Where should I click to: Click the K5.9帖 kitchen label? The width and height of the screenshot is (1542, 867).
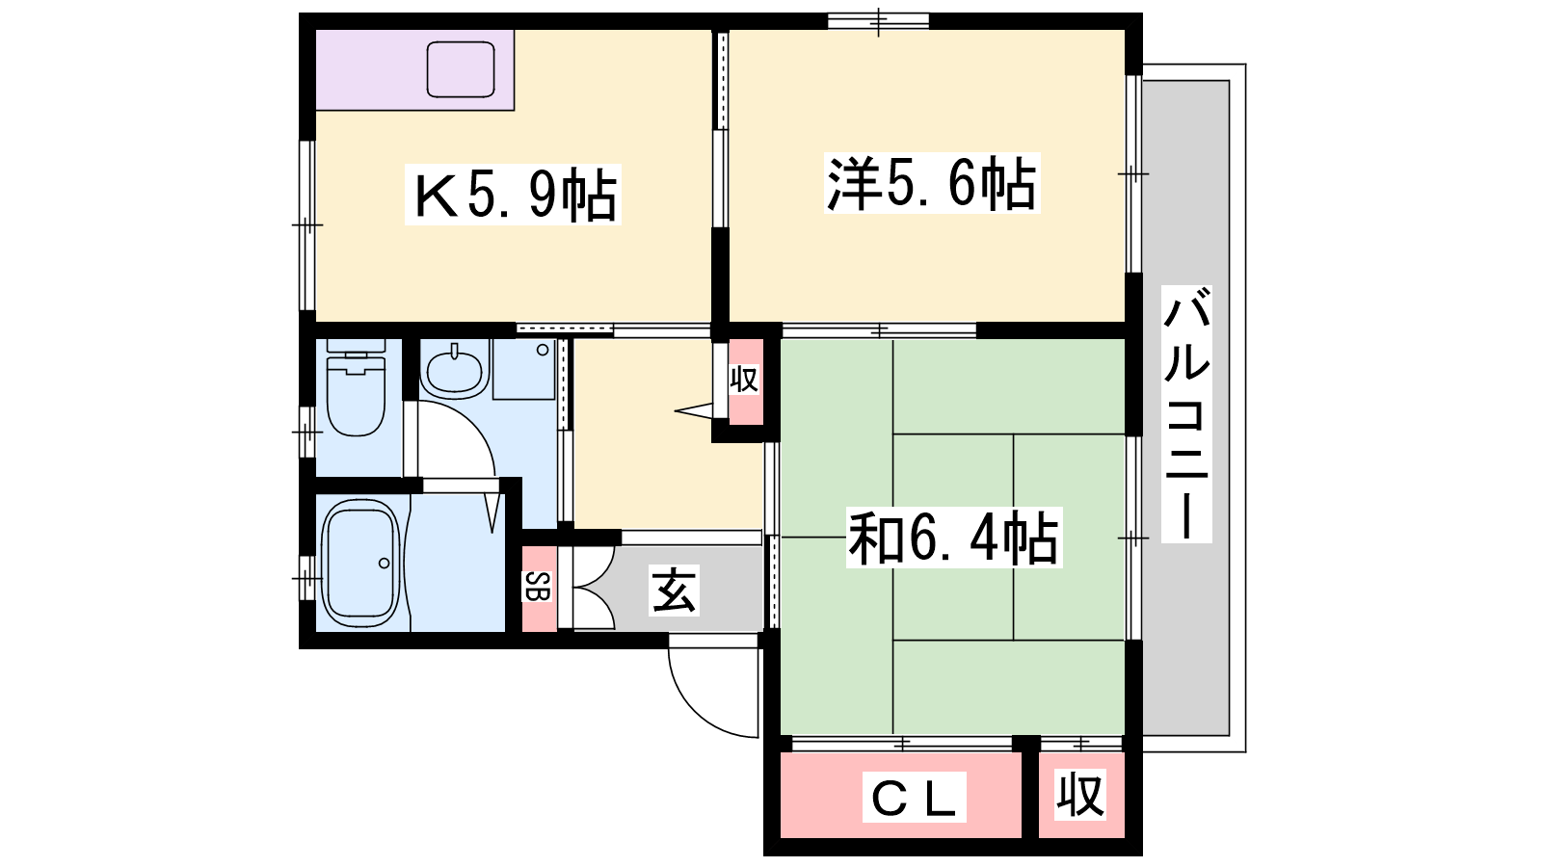pyautogui.click(x=513, y=195)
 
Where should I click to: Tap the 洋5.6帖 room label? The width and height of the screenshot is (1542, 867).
pyautogui.click(x=931, y=183)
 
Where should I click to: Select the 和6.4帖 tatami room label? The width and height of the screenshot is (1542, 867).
pyautogui.click(x=953, y=538)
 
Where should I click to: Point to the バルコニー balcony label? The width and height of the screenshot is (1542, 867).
pyautogui.click(x=1186, y=414)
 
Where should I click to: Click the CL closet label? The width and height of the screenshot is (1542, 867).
pyautogui.click(x=915, y=797)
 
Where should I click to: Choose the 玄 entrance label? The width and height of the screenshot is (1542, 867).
pyautogui.click(x=675, y=590)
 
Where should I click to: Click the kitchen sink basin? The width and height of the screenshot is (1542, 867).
pyautogui.click(x=461, y=69)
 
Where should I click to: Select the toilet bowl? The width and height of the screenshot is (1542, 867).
pyautogui.click(x=356, y=404)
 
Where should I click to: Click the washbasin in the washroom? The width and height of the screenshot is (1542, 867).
pyautogui.click(x=455, y=372)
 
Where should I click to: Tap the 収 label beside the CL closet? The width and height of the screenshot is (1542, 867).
pyautogui.click(x=1080, y=795)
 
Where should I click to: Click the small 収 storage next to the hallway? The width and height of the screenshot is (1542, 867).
pyautogui.click(x=745, y=381)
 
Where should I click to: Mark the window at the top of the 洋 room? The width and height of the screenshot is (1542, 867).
pyautogui.click(x=878, y=21)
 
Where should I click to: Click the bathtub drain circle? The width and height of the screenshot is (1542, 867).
pyautogui.click(x=385, y=564)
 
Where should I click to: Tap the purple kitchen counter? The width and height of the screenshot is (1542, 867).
pyautogui.click(x=415, y=69)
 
